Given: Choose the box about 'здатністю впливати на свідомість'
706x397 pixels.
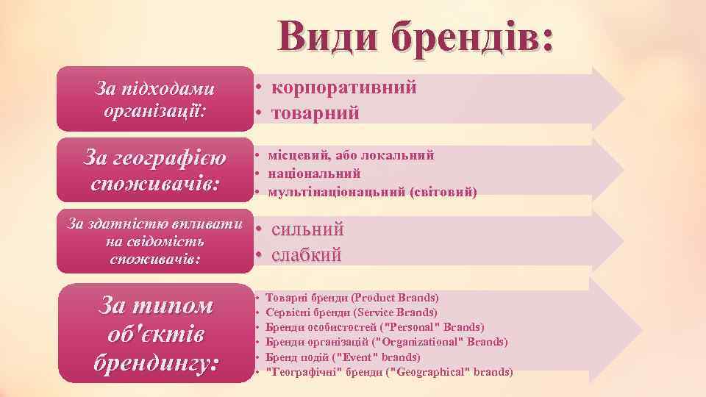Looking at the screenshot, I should click(154, 241).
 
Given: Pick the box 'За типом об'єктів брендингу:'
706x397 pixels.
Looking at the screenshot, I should click(154, 333).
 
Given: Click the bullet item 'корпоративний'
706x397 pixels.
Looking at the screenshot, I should click(343, 87).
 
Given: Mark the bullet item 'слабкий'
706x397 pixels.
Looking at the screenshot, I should click(307, 255).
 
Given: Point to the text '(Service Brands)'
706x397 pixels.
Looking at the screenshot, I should click(396, 312).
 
